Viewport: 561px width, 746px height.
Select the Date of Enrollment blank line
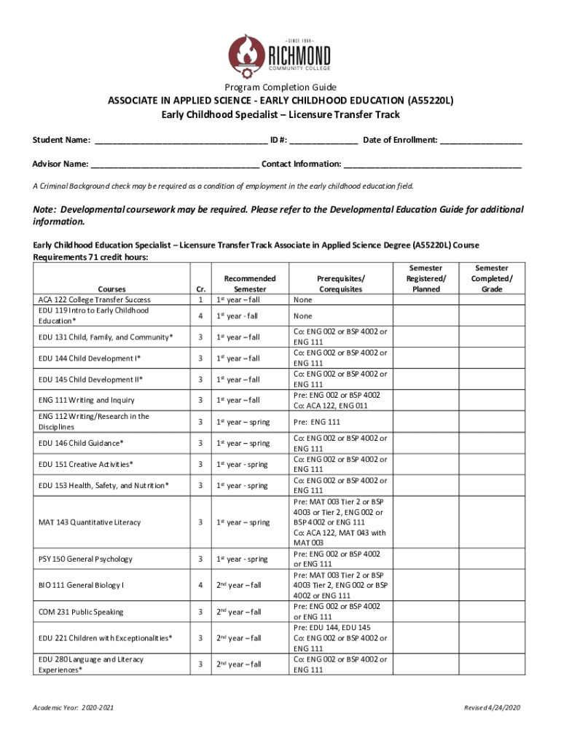(x=480, y=140)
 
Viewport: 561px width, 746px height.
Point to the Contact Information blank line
(x=433, y=164)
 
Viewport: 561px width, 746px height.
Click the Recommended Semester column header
(x=249, y=283)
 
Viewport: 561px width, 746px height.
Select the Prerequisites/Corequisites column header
(x=340, y=283)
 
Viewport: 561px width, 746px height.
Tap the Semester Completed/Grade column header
(x=492, y=278)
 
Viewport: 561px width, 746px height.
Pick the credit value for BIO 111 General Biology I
(x=200, y=585)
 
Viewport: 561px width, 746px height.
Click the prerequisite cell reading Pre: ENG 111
(x=317, y=423)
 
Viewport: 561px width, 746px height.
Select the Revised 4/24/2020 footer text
(x=493, y=708)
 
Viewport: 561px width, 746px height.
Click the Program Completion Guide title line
(x=280, y=87)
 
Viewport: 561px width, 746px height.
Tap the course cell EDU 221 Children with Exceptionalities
(x=106, y=638)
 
